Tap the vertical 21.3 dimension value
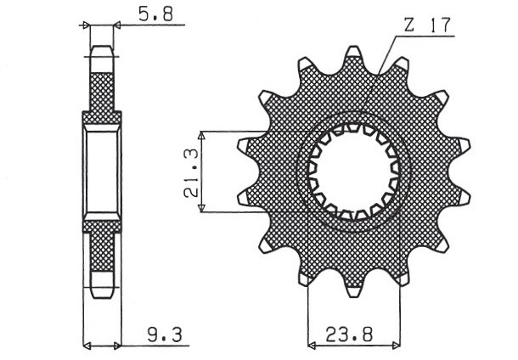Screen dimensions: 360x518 tap(191, 172)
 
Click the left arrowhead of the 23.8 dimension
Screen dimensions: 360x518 tap(311, 346)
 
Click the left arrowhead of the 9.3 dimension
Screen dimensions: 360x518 tap(86, 346)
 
